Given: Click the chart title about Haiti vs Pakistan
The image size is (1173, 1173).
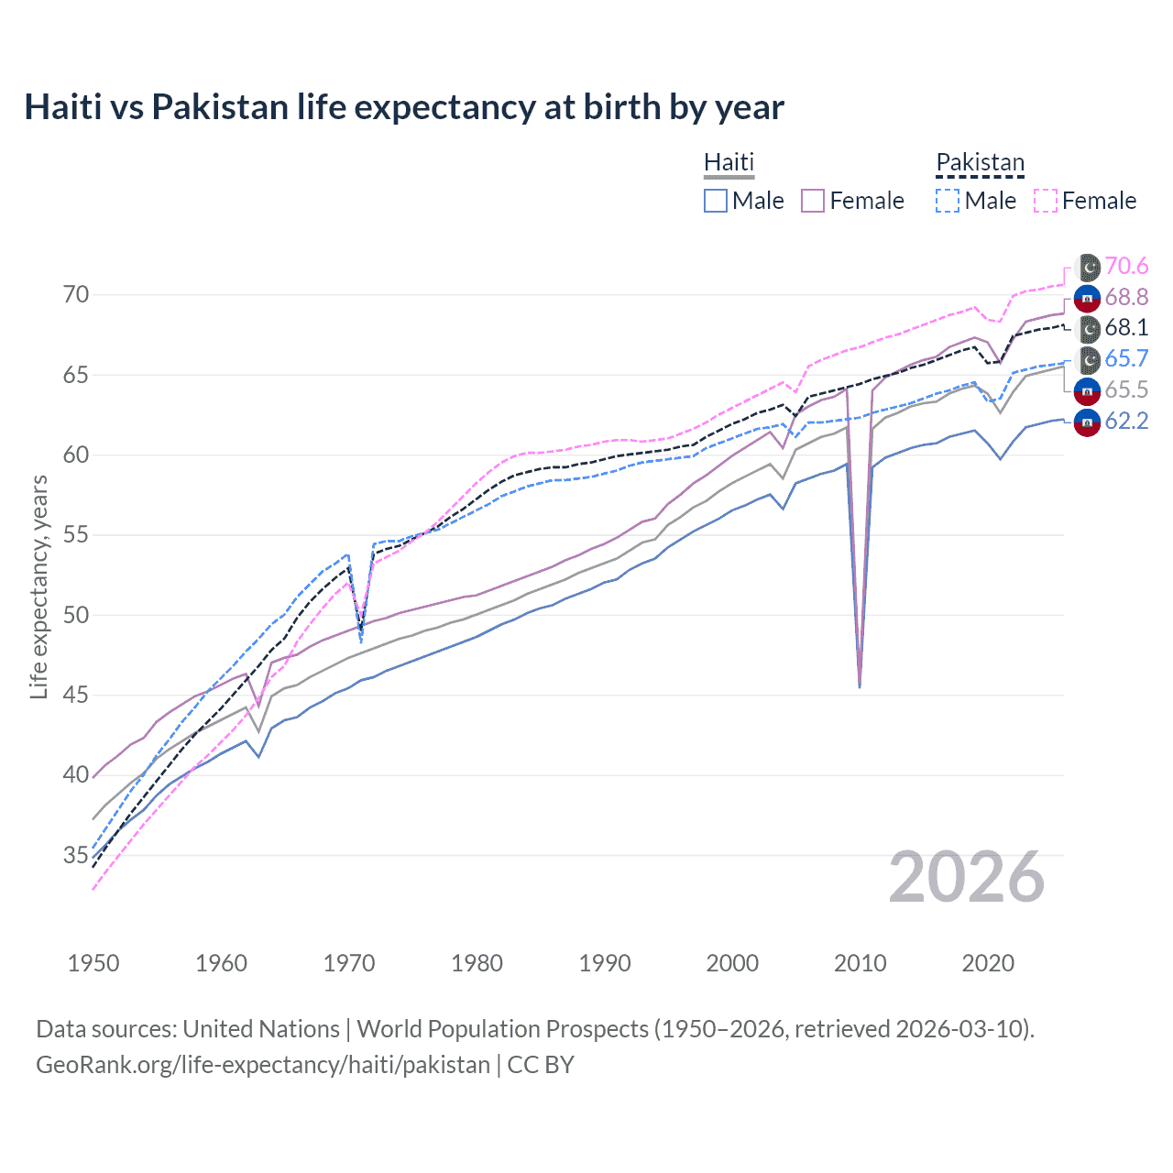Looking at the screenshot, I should [x=404, y=107].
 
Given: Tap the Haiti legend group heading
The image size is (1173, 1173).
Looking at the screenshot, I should [x=729, y=162].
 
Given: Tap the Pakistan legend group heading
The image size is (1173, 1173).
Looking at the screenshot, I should [x=980, y=162].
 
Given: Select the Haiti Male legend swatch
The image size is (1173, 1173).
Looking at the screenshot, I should [x=716, y=201].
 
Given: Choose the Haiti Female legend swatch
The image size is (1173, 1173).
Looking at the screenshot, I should [x=813, y=201].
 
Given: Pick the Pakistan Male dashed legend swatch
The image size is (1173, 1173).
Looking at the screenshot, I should [x=948, y=201].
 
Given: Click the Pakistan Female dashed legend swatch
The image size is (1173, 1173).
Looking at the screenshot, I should [x=1046, y=201].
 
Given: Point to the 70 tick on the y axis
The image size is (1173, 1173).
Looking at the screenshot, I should [x=76, y=294].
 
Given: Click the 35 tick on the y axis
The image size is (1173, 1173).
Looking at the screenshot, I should [x=76, y=856].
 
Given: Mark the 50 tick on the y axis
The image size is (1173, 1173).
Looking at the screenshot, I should [x=76, y=615].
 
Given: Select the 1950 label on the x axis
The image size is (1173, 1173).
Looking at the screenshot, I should [x=93, y=963].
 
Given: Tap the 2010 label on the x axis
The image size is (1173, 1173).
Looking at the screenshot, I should [x=860, y=963].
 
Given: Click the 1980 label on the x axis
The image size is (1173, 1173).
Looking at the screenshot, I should [x=477, y=963].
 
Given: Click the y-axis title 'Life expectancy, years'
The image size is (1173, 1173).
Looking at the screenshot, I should [x=38, y=586].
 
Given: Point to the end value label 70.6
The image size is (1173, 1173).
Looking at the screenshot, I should [x=1126, y=266].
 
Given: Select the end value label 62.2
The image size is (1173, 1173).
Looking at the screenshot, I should [x=1126, y=421].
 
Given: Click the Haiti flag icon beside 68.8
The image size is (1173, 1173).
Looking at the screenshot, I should [x=1087, y=298].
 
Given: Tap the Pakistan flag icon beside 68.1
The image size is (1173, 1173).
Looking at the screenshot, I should [x=1087, y=328].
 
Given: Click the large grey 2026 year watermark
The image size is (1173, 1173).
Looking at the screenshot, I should [x=967, y=877].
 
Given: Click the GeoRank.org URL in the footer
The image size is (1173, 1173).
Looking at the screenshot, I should [x=263, y=1065].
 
